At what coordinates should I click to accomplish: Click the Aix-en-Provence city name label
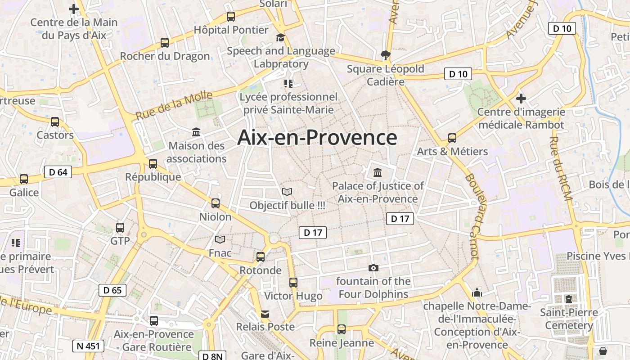point(317,138)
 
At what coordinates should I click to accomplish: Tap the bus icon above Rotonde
point(260,257)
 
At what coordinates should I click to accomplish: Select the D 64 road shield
point(58,172)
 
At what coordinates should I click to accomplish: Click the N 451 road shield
point(88,346)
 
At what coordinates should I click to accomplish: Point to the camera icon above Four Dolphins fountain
point(373,268)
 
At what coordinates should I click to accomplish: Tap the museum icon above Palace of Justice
point(378,172)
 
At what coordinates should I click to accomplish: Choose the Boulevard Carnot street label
point(472,216)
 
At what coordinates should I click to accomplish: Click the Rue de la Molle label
point(174,105)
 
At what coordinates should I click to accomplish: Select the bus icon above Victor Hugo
point(293,283)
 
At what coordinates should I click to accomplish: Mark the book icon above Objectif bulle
point(287,192)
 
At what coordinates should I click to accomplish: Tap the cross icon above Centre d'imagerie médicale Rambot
point(521,98)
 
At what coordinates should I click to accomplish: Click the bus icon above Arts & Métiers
point(452,138)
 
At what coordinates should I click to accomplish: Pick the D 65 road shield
point(112,290)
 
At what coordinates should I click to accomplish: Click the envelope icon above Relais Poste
point(265,314)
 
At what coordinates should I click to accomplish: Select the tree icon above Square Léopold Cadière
point(385,55)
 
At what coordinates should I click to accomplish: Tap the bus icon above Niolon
point(216,203)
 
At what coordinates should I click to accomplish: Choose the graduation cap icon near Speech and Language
point(281,37)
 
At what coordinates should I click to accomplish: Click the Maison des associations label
point(196,152)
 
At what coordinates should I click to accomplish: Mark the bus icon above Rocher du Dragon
point(165,43)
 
